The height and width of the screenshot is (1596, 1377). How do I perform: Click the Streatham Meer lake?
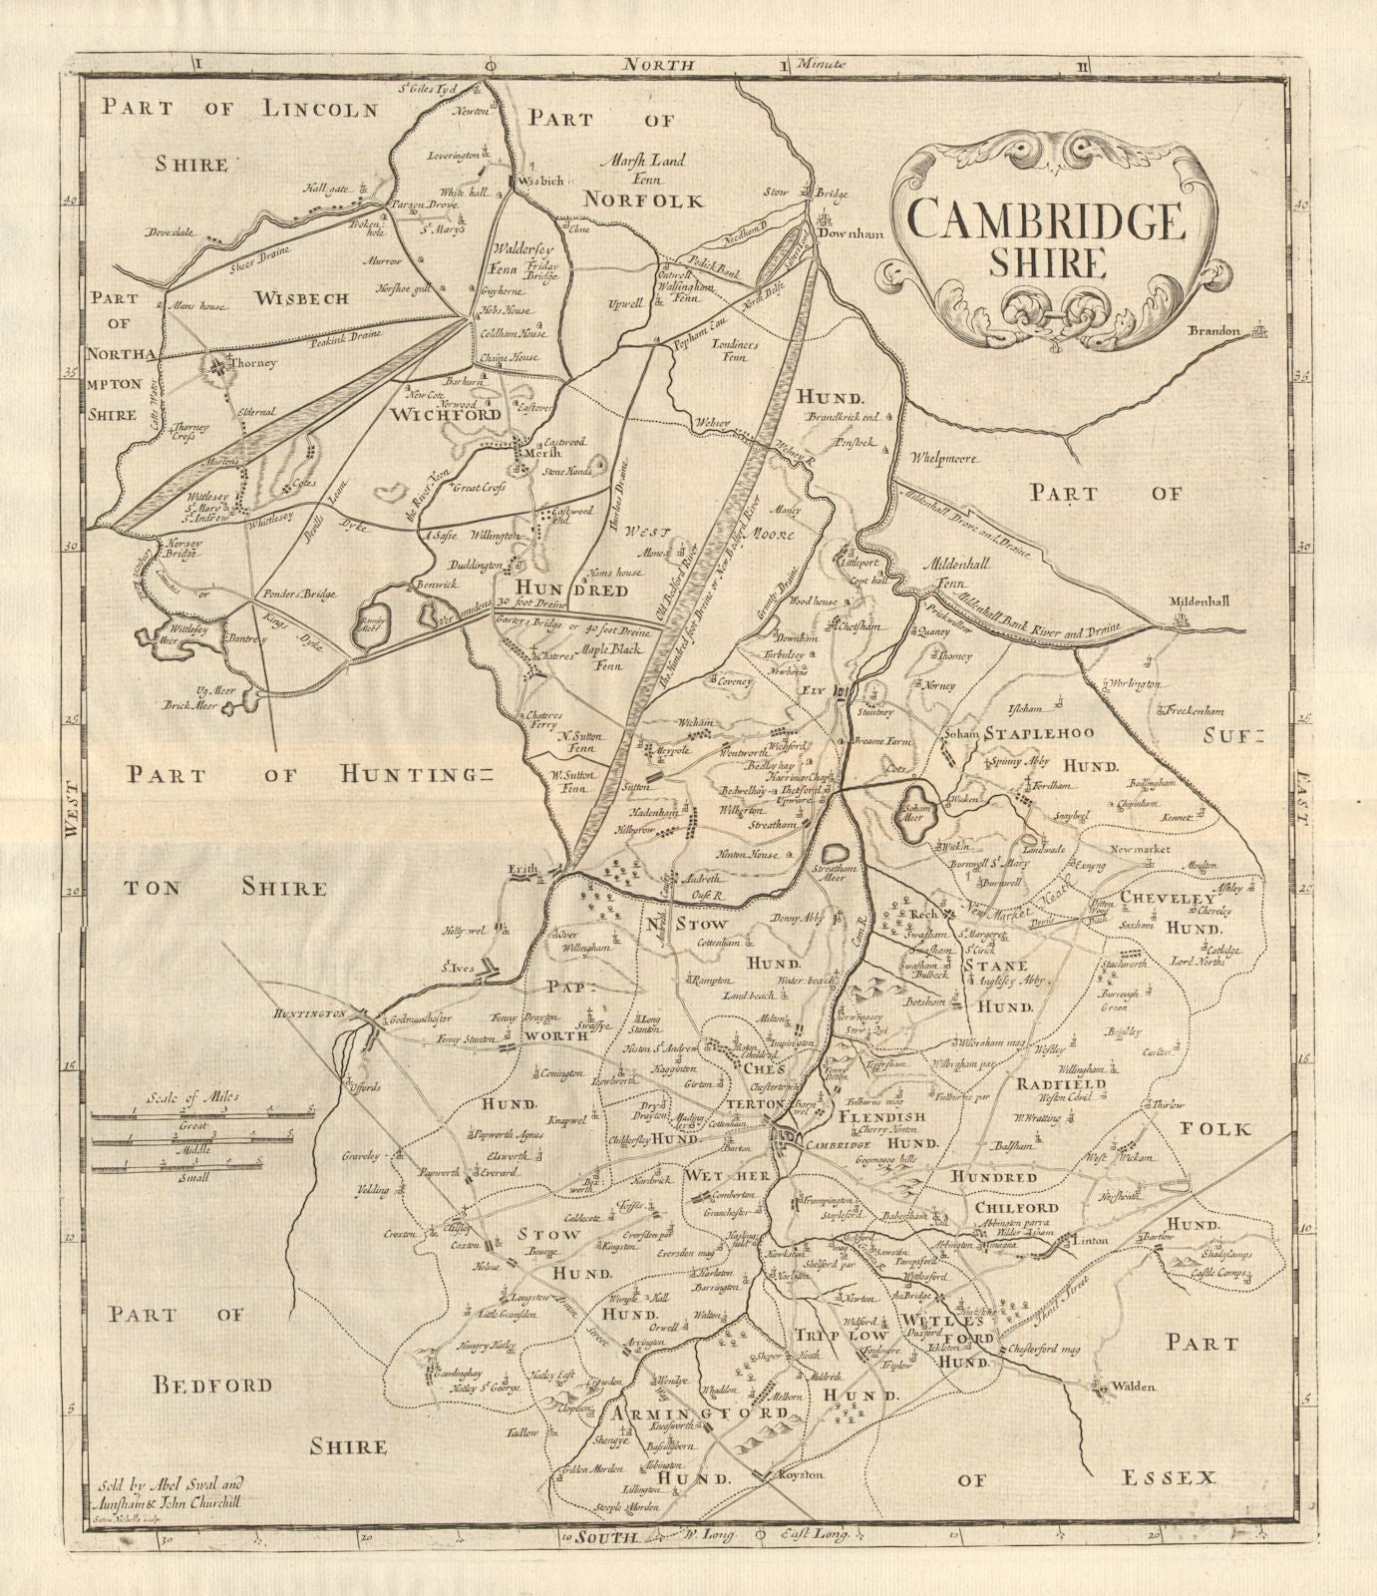(836, 855)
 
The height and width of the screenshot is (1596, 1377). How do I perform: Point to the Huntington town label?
(305, 1013)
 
